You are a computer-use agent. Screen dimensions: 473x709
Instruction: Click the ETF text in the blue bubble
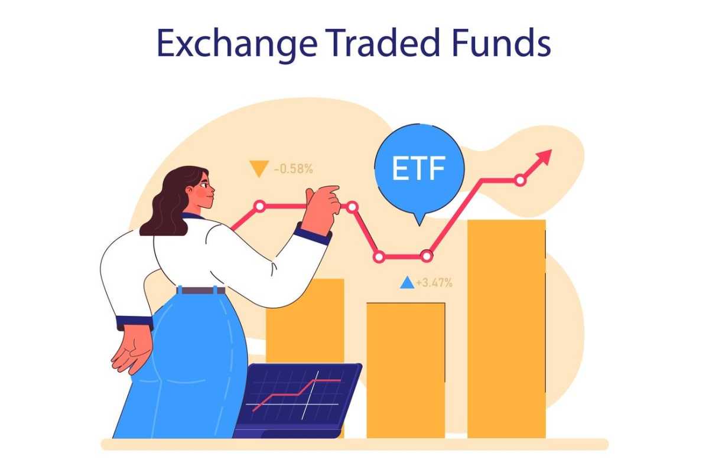419,168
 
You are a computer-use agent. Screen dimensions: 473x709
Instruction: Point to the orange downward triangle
259,169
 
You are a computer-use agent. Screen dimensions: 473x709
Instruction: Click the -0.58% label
293,169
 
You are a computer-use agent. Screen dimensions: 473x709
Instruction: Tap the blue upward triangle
406,283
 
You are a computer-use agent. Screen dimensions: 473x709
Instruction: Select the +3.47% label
434,283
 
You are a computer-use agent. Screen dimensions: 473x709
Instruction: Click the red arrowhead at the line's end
543,158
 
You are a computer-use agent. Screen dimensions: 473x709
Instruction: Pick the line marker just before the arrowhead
519,180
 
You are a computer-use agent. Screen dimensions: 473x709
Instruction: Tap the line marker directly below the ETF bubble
426,256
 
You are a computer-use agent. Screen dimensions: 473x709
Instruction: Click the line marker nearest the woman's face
259,206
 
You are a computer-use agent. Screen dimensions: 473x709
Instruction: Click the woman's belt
201,291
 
